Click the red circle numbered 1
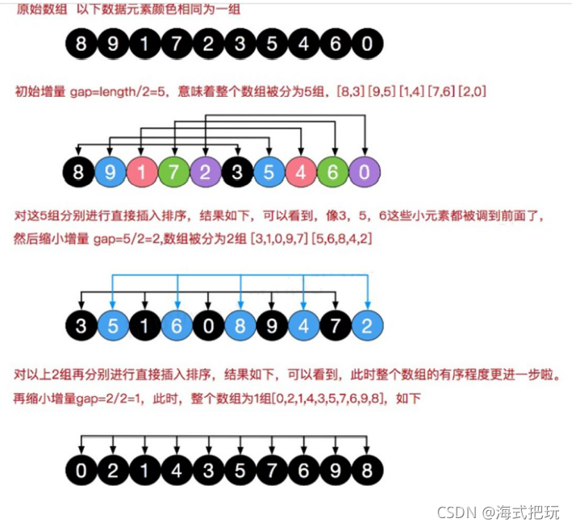(141, 172)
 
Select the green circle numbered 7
(173, 172)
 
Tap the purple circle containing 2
(204, 172)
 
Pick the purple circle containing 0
(365, 172)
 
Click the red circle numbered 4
(301, 172)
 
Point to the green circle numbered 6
(332, 172)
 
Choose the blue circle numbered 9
(110, 172)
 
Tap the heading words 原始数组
(38, 8)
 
